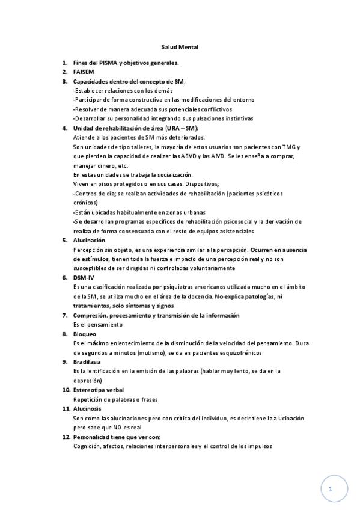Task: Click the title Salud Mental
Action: click(180, 46)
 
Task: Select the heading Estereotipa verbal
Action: click(99, 389)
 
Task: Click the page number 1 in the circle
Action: click(331, 490)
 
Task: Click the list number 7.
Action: click(65, 315)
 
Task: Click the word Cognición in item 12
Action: click(88, 446)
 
